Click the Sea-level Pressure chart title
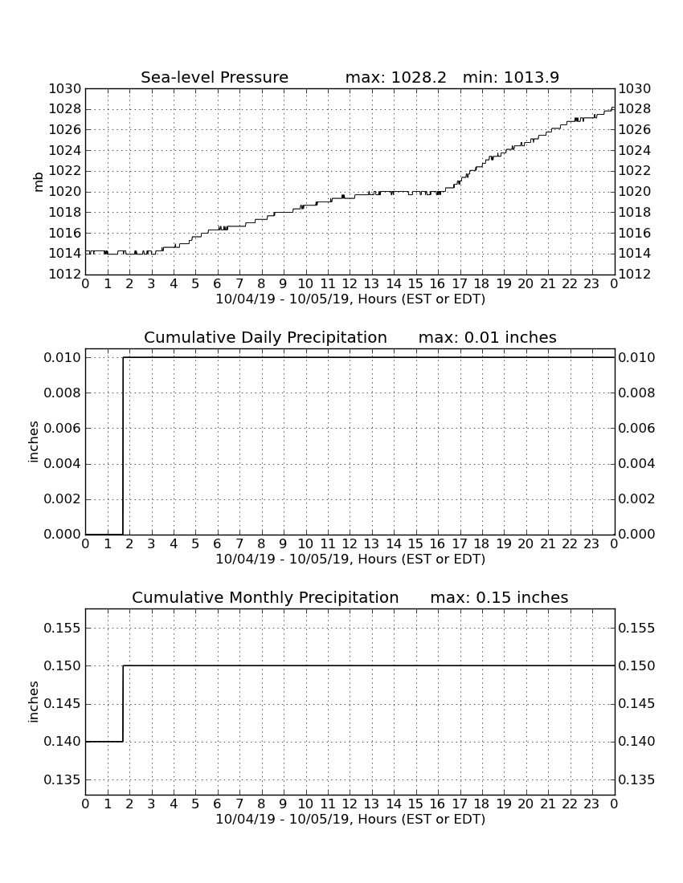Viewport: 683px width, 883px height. click(x=215, y=77)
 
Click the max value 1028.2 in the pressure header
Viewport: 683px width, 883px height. click(x=419, y=77)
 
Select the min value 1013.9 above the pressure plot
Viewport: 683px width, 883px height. click(x=531, y=77)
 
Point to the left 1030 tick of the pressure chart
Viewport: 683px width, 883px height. click(x=65, y=88)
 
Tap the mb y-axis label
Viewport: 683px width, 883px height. click(x=39, y=181)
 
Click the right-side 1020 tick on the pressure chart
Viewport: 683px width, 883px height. click(x=635, y=192)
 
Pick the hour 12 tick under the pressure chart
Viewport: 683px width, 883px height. click(x=350, y=284)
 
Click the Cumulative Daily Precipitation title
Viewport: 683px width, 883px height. click(x=265, y=337)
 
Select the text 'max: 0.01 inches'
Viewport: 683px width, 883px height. click(x=488, y=337)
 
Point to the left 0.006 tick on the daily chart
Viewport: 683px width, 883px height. click(x=63, y=428)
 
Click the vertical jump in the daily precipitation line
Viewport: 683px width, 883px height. click(x=123, y=446)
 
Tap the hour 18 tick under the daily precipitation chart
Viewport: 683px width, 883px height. click(x=481, y=544)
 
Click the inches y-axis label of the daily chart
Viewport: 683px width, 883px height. click(x=33, y=442)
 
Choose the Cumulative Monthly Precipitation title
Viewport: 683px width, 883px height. click(x=265, y=597)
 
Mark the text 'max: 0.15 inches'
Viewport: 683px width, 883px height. click(x=499, y=597)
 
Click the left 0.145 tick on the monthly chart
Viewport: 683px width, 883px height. click(x=63, y=704)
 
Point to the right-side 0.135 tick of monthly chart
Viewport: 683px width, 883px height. click(x=636, y=780)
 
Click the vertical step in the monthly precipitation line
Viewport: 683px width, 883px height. click(x=123, y=704)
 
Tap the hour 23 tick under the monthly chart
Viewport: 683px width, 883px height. click(x=591, y=804)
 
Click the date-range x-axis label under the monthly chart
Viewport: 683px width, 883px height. click(x=350, y=820)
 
